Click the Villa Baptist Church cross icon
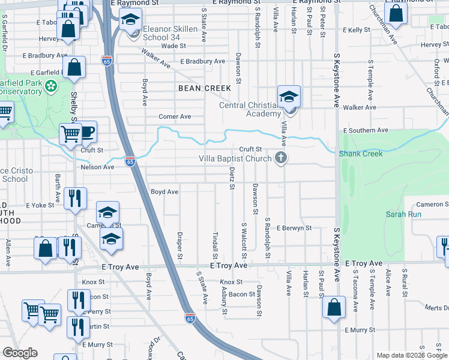tap(280, 158)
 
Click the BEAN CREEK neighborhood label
tap(205, 88)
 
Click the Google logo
tap(20, 353)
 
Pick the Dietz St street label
tap(232, 177)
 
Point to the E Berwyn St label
tap(294, 228)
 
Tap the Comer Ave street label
tap(174, 116)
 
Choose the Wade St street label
tap(173, 46)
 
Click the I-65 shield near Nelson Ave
tap(130, 161)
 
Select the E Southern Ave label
tap(366, 130)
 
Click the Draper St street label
tap(179, 246)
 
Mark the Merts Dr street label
tap(436, 308)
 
